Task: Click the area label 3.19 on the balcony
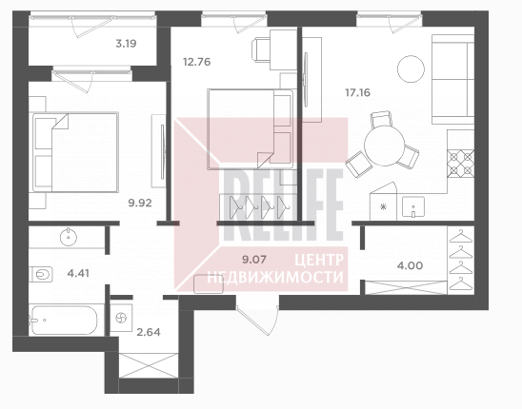coord(126,44)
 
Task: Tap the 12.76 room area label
coord(197,62)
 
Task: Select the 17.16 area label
coord(357,92)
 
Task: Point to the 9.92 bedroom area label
coord(140,203)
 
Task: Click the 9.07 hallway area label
coord(254,260)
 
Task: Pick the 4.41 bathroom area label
coord(78,273)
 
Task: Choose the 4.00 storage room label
coord(411,265)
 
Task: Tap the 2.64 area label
coord(149,332)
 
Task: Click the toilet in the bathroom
coord(41,275)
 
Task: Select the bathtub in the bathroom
coord(63,321)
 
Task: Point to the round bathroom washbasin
coord(69,237)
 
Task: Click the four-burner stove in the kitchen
coord(461,164)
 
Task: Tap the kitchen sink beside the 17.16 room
coord(413,206)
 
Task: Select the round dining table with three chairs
coord(384,146)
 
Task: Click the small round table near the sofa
coord(411,68)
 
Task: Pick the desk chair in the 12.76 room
coord(261,49)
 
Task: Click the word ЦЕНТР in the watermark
coord(318,260)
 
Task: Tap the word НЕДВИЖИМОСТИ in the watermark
coord(275,277)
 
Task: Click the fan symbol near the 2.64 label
coord(121,319)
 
